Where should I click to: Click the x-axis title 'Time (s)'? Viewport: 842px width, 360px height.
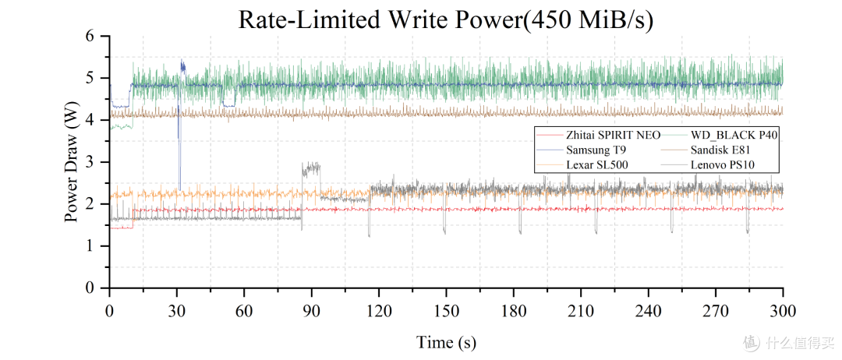click(446, 341)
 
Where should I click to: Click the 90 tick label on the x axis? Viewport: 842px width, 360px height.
click(311, 311)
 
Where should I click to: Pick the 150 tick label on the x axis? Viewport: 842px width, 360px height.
click(446, 311)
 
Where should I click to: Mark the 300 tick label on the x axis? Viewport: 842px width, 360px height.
click(783, 311)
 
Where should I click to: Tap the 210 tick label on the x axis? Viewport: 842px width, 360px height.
click(581, 311)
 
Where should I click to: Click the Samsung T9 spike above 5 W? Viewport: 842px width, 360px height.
click(182, 66)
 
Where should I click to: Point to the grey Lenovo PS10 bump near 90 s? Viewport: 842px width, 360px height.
click(311, 170)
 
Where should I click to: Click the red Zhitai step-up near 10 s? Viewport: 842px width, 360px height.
click(133, 219)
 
